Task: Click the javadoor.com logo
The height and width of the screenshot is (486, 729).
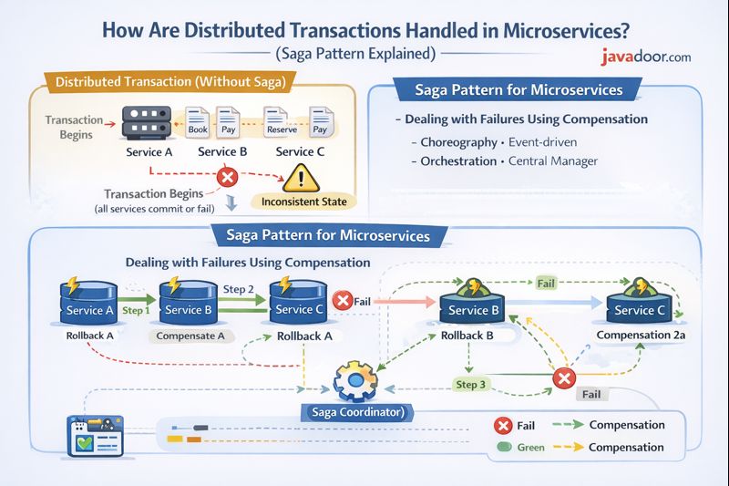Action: [x=645, y=57]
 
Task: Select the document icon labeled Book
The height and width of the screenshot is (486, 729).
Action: [x=199, y=120]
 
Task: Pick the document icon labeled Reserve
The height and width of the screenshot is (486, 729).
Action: [x=281, y=120]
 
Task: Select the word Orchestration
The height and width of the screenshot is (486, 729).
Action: [x=458, y=161]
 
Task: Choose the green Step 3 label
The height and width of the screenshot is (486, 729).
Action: [x=472, y=384]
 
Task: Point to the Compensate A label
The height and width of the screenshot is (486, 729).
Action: [x=191, y=335]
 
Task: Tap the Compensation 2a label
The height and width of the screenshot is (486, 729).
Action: [x=640, y=335]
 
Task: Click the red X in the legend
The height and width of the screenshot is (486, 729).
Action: [x=501, y=426]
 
